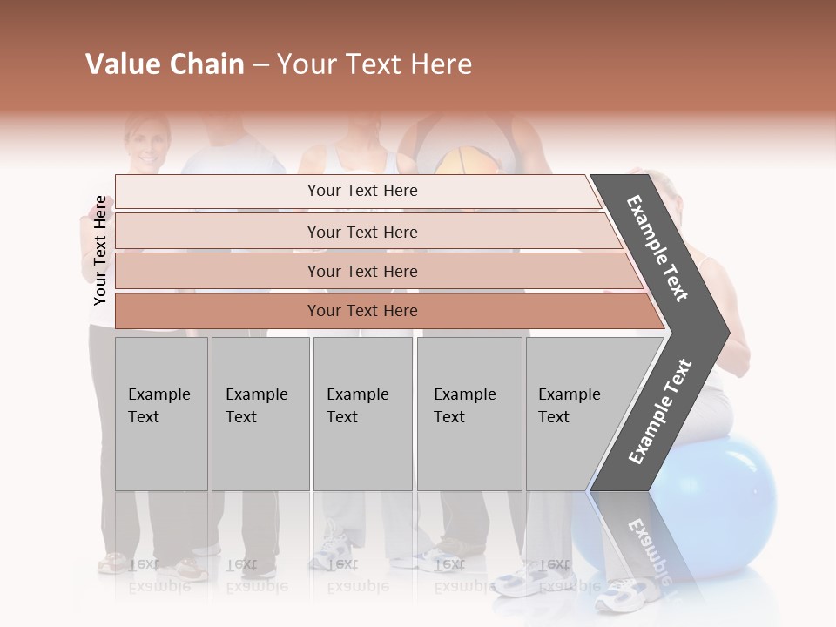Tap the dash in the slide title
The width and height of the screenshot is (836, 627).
pyautogui.click(x=260, y=65)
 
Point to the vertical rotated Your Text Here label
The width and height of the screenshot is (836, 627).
pyautogui.click(x=100, y=250)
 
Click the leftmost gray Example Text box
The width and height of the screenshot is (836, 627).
pyautogui.click(x=161, y=413)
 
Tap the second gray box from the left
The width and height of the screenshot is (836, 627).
pyautogui.click(x=260, y=413)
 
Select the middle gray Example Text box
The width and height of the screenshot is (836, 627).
pyautogui.click(x=362, y=413)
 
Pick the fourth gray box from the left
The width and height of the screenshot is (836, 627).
pyautogui.click(x=469, y=413)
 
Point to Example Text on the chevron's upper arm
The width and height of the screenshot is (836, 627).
pyautogui.click(x=658, y=248)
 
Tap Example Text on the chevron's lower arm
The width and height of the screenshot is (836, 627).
pyautogui.click(x=660, y=412)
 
